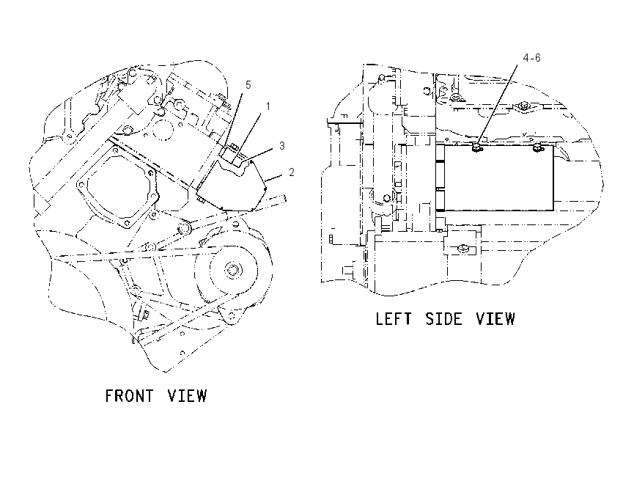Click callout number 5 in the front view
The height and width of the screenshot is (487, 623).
coord(248,84)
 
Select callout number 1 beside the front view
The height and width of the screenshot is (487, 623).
coord(268,106)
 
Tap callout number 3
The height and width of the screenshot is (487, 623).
coord(282,145)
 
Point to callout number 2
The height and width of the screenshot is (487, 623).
coord(292,172)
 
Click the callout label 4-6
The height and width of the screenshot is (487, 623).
coord(531,58)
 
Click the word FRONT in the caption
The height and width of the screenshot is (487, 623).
coord(129,396)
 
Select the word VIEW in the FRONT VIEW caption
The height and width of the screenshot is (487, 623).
coord(187,396)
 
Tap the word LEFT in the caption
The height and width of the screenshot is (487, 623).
coord(394,319)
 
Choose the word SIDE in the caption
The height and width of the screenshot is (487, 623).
coord(444,319)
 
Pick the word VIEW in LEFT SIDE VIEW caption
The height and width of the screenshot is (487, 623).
coord(495,319)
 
